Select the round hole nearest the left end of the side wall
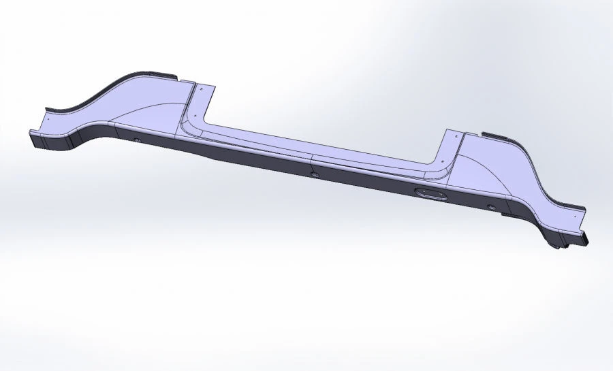tap(138, 140)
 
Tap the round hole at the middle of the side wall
tap(315, 174)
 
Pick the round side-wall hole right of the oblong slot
tap(490, 206)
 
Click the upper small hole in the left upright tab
tap(202, 88)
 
